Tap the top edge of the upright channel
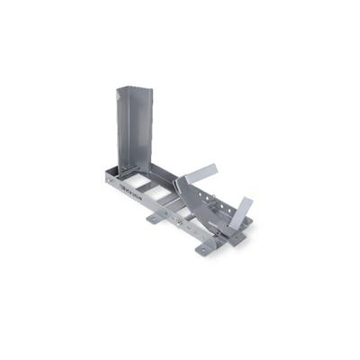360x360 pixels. pos(131,89)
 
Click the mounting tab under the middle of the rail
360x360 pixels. pos(155,218)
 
